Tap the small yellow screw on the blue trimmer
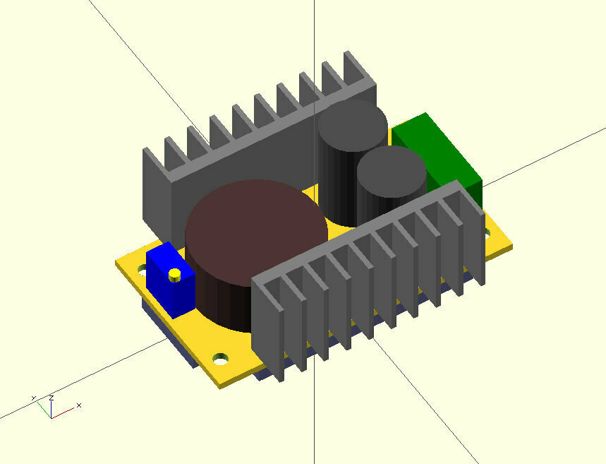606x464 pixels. pos(174,274)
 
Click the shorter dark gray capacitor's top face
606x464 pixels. pos(392,172)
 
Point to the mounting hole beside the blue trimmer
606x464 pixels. pos(142,269)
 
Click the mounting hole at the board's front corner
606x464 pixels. pos(221,359)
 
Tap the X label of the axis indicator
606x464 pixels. pos(79,405)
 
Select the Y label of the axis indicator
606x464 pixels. pos(33,399)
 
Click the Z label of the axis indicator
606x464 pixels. pos(51,398)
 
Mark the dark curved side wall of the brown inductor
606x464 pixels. pos(219,297)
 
